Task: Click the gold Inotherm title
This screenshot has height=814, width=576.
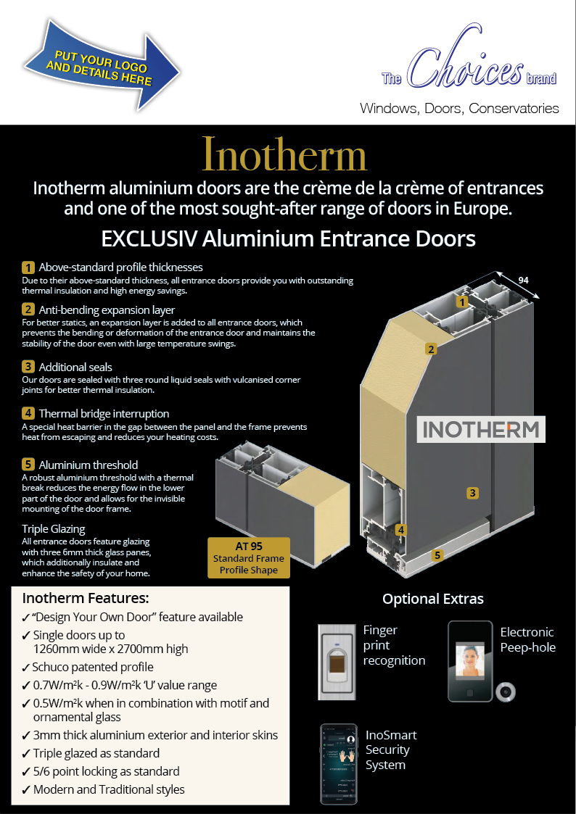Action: coord(284,154)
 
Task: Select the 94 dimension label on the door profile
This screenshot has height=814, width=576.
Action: coord(523,281)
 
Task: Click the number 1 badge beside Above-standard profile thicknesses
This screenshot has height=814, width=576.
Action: coord(28,267)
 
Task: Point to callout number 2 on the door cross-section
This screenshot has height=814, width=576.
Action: coord(431,349)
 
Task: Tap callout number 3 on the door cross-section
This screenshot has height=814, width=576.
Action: coord(472,493)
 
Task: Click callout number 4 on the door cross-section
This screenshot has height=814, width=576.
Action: coord(400,530)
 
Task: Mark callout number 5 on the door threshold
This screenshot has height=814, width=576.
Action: coord(437,555)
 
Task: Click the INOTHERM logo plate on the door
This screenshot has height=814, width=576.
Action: coord(481,429)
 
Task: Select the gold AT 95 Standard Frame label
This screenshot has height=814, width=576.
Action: coord(249,557)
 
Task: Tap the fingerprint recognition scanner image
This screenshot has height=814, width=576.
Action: coord(337,662)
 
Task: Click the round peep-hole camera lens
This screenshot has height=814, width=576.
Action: coord(506,692)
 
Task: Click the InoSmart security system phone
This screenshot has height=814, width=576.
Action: coord(339,763)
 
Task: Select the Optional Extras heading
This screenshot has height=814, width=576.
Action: coord(432,599)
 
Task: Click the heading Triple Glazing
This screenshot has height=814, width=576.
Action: coord(54,529)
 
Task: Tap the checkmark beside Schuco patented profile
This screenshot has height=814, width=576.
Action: coord(26,668)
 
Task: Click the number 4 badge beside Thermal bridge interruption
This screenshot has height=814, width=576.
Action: coord(28,413)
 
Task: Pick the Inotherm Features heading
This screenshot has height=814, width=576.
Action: coord(86,598)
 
